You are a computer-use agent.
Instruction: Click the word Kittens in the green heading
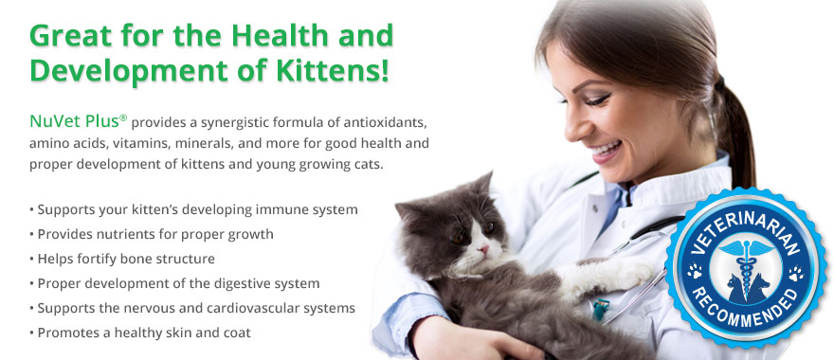click(x=333, y=71)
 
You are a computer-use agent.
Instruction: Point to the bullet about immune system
click(x=193, y=210)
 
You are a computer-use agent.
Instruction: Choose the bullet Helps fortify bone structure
click(x=122, y=259)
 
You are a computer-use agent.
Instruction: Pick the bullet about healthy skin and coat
click(x=140, y=333)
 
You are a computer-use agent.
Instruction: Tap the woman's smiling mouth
click(x=607, y=150)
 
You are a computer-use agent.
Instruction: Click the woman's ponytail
click(x=735, y=133)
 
